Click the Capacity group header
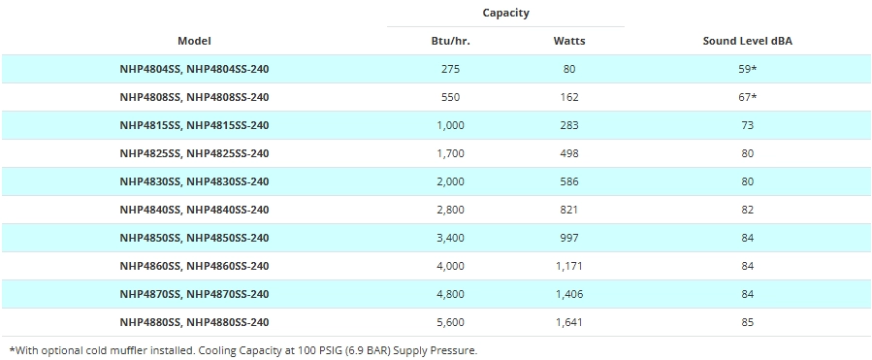[x=505, y=13]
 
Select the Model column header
[x=194, y=41]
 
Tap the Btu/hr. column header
[x=450, y=41]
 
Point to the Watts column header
[x=569, y=41]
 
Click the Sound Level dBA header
[x=748, y=41]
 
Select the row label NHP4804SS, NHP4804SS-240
[x=194, y=69]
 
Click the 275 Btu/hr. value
[x=450, y=69]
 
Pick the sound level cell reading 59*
[x=748, y=69]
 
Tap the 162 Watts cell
[x=569, y=97]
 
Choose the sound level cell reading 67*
[x=748, y=97]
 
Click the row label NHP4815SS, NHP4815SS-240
[x=194, y=125]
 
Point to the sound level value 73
[x=748, y=125]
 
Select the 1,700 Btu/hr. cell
[x=450, y=153]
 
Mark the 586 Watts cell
[x=569, y=181]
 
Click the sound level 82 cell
[x=748, y=210]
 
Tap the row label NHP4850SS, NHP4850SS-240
[x=194, y=238]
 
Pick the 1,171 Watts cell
[x=569, y=266]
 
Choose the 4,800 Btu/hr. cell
[x=450, y=294]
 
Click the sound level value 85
[x=748, y=322]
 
